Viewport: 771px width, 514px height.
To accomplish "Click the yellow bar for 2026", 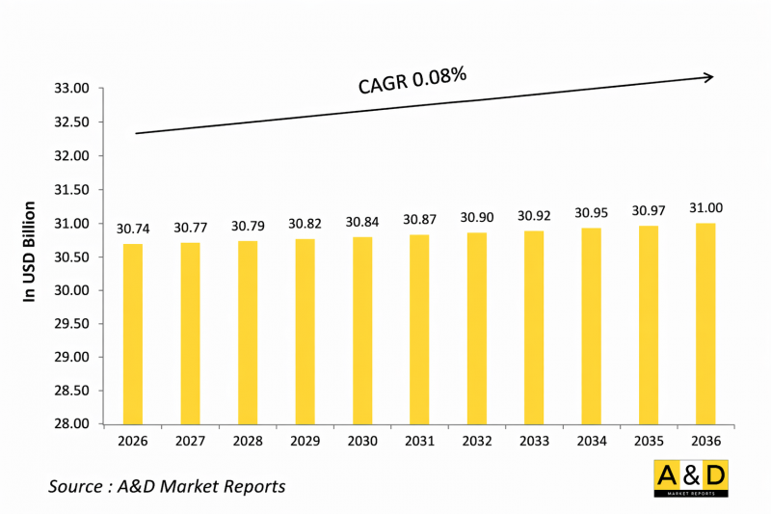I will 132,334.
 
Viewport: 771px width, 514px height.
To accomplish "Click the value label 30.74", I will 133,228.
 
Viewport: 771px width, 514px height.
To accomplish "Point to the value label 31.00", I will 705,207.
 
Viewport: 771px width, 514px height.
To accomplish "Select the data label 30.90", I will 476,218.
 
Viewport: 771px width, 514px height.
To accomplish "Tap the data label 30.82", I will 305,224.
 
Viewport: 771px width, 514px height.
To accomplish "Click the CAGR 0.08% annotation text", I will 412,81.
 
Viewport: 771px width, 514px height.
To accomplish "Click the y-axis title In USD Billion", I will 30,252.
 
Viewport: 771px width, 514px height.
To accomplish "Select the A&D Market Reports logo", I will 690,479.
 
